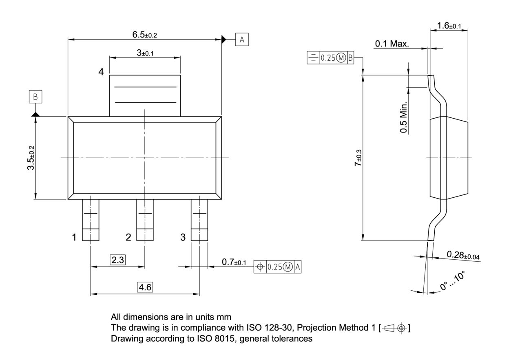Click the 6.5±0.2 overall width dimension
click(144, 35)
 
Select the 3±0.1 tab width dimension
click(145, 53)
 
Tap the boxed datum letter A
click(242, 40)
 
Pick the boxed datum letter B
click(35, 97)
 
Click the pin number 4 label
click(101, 72)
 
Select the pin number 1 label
click(74, 237)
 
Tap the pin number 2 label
click(128, 237)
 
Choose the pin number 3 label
click(183, 237)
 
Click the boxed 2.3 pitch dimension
click(117, 260)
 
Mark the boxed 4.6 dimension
click(145, 287)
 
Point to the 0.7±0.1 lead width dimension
click(234, 262)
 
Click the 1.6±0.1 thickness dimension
click(449, 26)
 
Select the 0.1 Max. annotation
click(392, 44)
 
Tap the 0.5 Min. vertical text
click(404, 117)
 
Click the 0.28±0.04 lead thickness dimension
click(463, 255)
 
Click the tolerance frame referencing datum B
click(330, 58)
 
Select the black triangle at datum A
click(223, 40)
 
